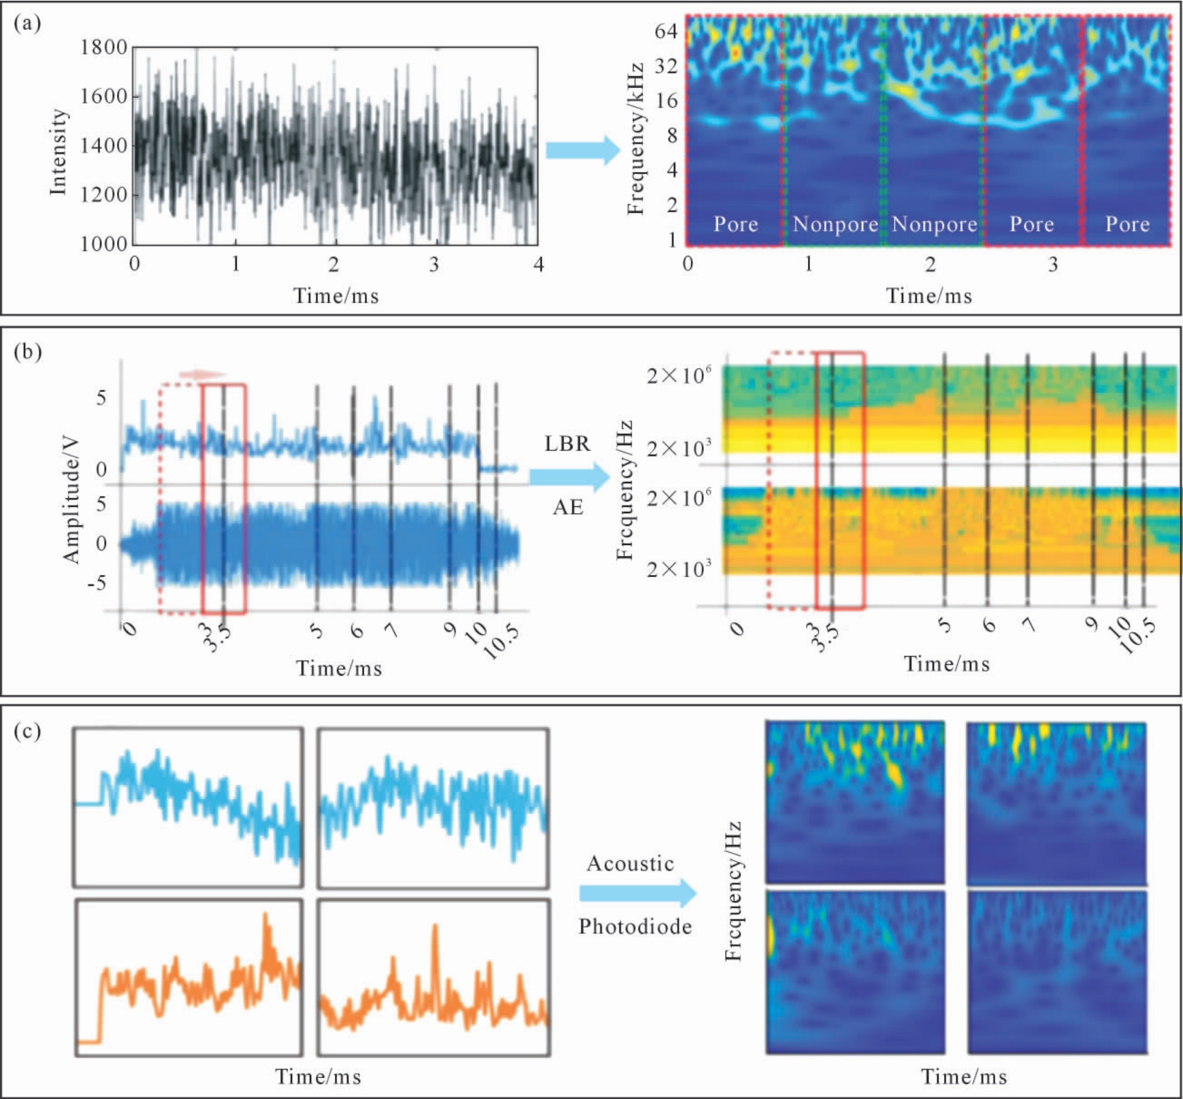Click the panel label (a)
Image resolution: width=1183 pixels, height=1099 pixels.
[x=27, y=24]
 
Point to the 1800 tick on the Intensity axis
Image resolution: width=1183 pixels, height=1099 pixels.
[x=103, y=48]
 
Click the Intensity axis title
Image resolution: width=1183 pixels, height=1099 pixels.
[x=59, y=151]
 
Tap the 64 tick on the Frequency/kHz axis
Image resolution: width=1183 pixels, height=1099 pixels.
[x=666, y=31]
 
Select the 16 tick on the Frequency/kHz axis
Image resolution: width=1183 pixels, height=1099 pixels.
[x=666, y=101]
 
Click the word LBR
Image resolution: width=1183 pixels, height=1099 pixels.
[x=567, y=444]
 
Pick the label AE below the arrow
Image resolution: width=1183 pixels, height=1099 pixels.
[x=568, y=506]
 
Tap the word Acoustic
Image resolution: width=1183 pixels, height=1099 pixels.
[x=630, y=864]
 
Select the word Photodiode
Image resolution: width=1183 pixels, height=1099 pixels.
[x=635, y=926]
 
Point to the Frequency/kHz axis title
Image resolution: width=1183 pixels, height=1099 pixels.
[x=635, y=139]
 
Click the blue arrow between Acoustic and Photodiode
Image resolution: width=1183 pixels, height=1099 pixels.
[x=638, y=893]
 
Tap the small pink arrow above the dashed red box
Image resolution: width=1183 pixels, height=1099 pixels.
[x=202, y=374]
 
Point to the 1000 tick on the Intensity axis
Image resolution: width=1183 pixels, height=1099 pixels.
[x=103, y=244]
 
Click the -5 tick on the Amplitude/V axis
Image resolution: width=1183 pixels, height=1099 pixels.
[x=99, y=584]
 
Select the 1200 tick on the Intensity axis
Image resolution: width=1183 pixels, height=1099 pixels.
[x=103, y=195]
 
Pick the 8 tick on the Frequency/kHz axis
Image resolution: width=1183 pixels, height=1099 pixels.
[x=672, y=136]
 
